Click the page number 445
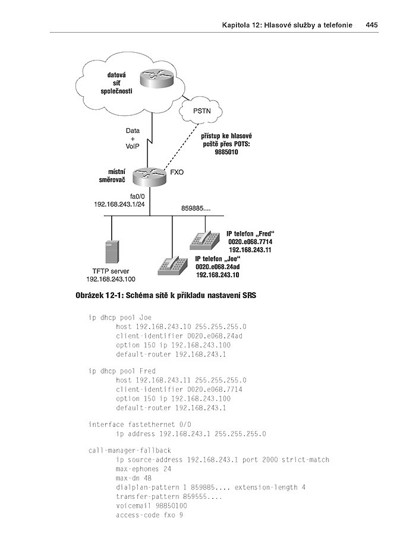[x=372, y=25]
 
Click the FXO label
[x=177, y=172]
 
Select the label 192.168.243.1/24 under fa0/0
[x=119, y=204]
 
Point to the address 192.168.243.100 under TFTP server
[x=111, y=278]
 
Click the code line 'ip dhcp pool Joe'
[x=120, y=318]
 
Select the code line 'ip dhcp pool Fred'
[x=122, y=371]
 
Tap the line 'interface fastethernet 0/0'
[x=140, y=425]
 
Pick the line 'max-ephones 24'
[x=144, y=469]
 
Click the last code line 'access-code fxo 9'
[x=150, y=514]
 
